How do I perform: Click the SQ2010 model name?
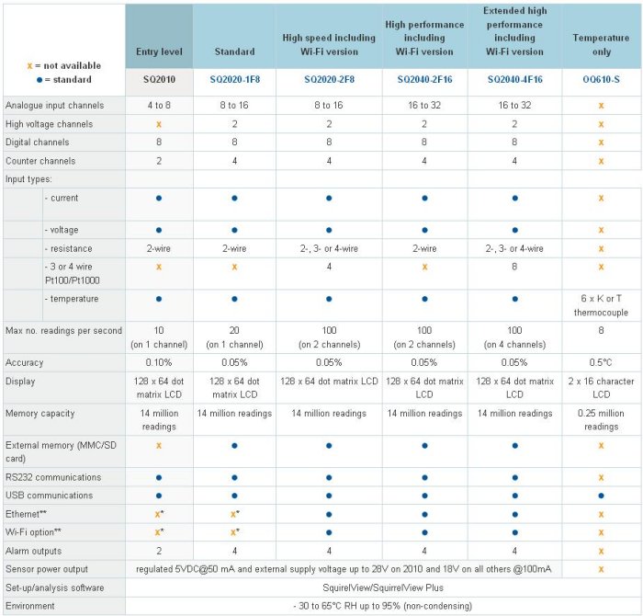(158, 81)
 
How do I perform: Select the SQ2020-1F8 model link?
(234, 81)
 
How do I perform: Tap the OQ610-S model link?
(601, 81)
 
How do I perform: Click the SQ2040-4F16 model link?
(514, 81)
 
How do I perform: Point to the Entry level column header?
(159, 52)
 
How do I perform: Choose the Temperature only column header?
(601, 45)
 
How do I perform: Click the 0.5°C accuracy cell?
(601, 362)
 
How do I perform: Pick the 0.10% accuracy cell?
(158, 362)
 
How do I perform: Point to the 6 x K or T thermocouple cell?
(601, 304)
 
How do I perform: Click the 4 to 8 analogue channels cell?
(158, 106)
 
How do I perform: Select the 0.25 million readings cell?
(601, 419)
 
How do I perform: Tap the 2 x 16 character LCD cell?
(601, 386)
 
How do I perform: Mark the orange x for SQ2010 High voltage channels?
(158, 124)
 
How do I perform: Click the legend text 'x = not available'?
(64, 66)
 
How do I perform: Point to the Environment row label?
(30, 606)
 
